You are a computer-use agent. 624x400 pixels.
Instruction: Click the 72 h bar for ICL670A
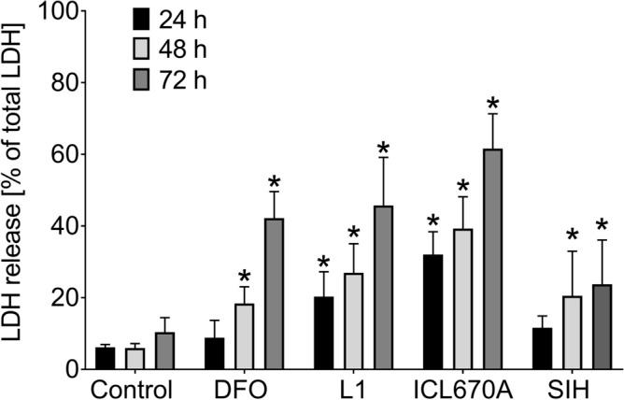tap(491, 259)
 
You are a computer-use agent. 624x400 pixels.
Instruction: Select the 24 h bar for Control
tap(106, 358)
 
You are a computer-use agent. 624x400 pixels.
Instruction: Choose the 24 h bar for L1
tap(323, 333)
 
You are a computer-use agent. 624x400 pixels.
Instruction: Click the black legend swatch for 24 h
tap(142, 18)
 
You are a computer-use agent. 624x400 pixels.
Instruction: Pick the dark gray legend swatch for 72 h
tap(142, 79)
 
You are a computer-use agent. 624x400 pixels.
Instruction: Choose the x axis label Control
tap(132, 388)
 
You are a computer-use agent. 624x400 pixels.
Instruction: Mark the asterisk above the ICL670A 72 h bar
tap(492, 105)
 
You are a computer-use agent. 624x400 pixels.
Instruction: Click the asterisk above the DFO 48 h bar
tap(244, 278)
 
